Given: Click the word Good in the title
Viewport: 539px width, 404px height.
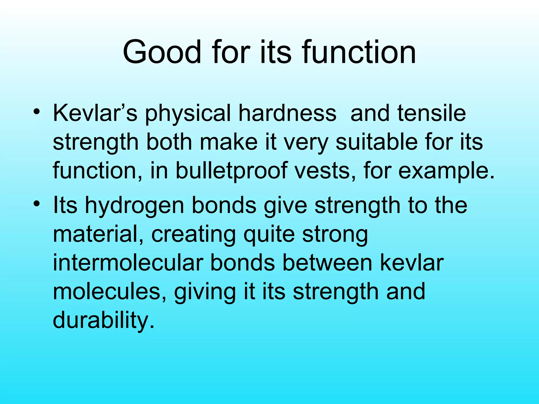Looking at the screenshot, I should [162, 52].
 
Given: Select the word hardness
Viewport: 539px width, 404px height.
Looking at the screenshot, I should [287, 113].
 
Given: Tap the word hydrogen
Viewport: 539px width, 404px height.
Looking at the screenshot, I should [134, 206].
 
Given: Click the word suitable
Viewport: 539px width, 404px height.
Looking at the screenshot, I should [377, 142].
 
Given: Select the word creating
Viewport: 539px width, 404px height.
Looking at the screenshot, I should [193, 235].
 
